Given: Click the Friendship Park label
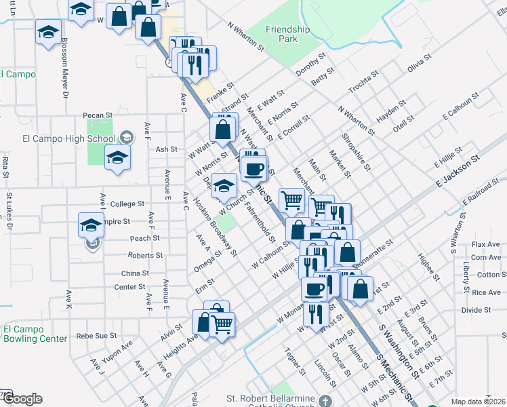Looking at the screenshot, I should (287, 34).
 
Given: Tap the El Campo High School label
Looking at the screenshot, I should (69, 139).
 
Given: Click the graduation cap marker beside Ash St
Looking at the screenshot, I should (118, 157).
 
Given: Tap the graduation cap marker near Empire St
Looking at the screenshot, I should (91, 225).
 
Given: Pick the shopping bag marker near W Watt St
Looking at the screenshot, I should (223, 129).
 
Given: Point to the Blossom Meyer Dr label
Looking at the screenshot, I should (66, 65).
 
